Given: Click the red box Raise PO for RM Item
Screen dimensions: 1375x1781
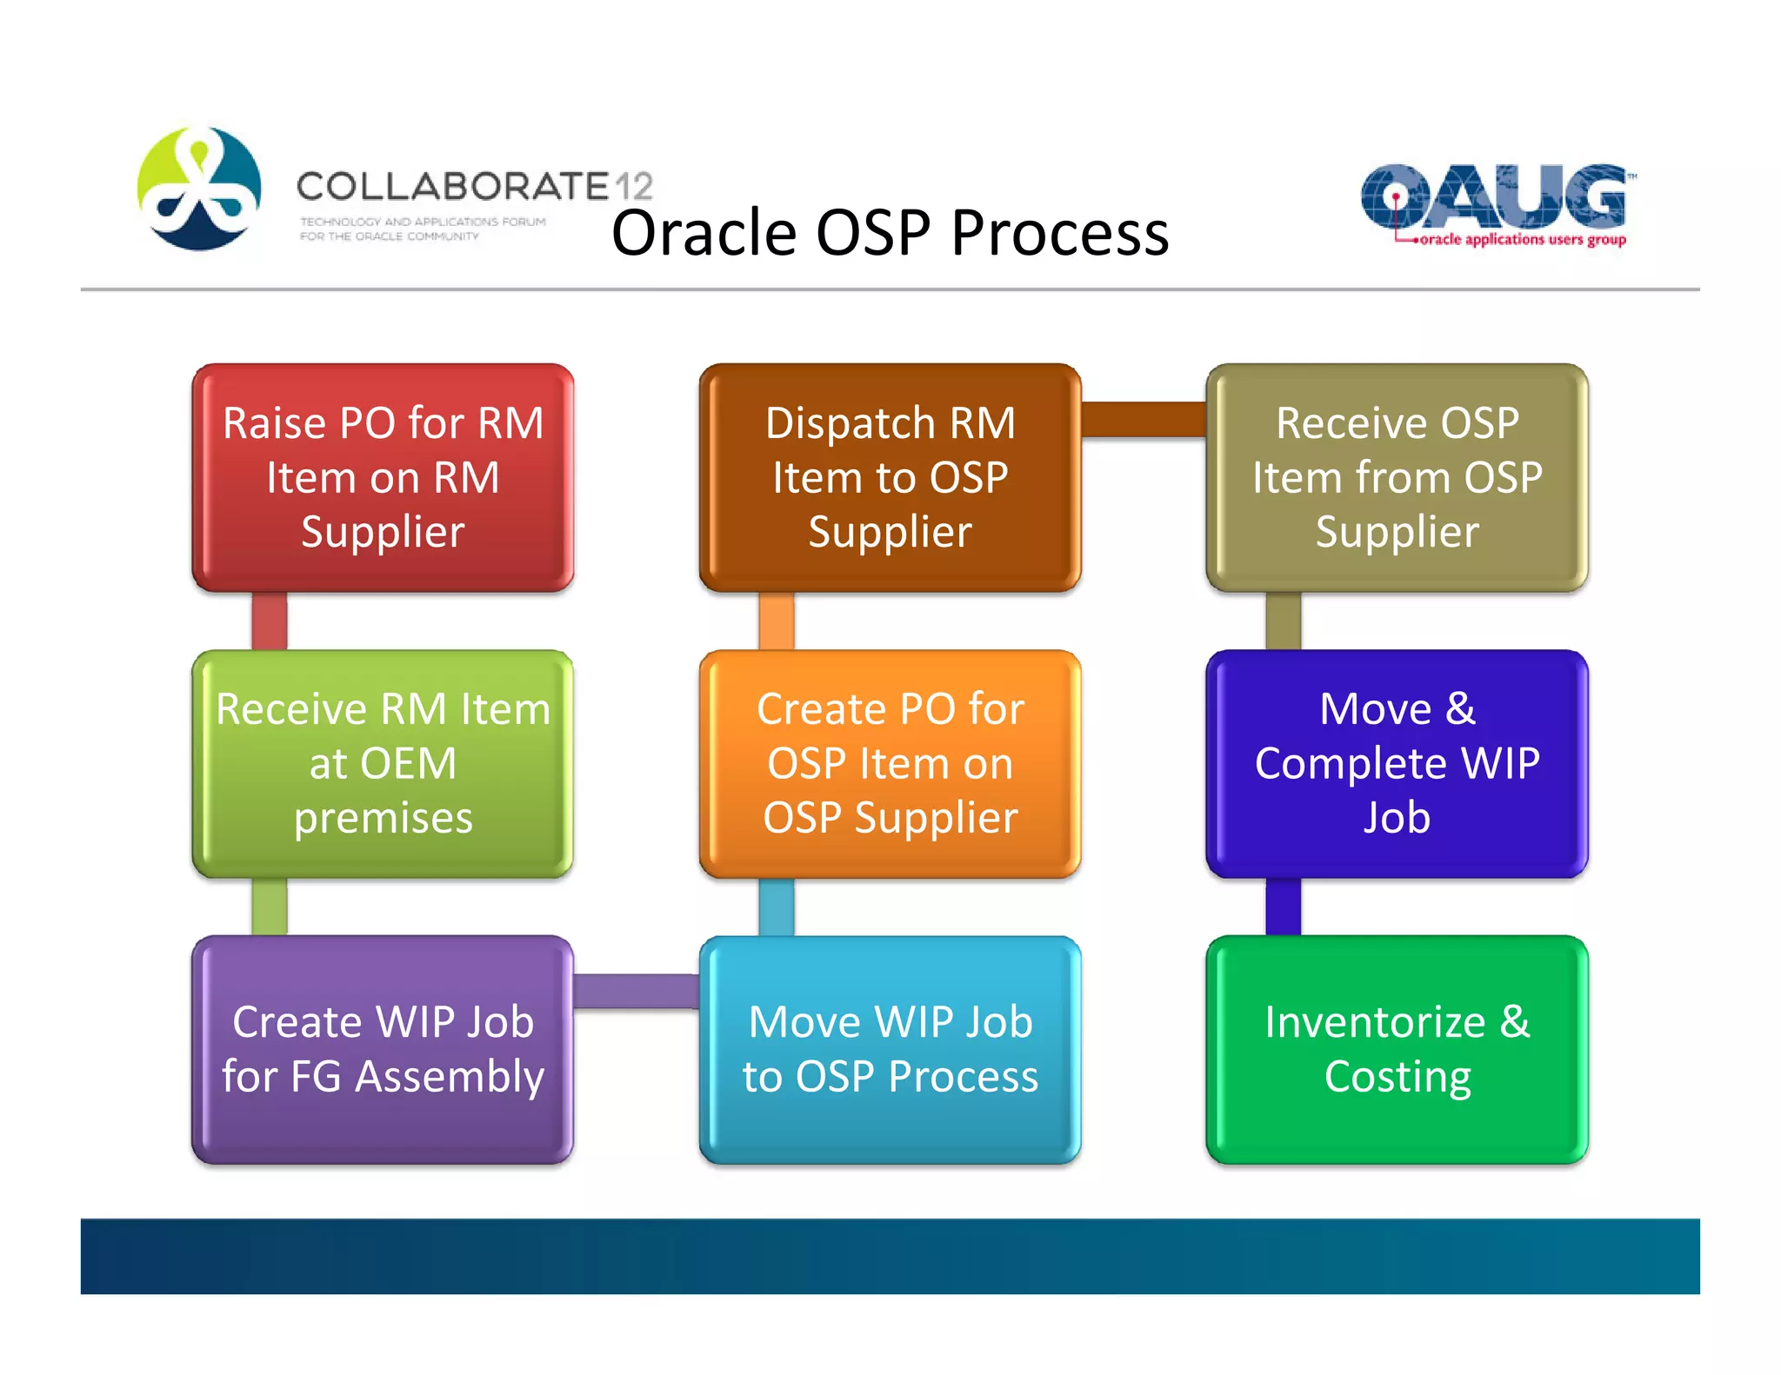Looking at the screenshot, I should pyautogui.click(x=383, y=477).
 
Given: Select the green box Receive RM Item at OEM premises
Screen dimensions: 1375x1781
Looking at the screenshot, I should pyautogui.click(x=383, y=763).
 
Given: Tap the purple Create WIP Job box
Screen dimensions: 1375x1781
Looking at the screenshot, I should pyautogui.click(x=383, y=1049).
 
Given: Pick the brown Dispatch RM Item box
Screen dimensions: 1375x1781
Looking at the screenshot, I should pyautogui.click(x=890, y=477).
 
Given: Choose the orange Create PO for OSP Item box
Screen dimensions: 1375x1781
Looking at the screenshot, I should pyautogui.click(x=890, y=763).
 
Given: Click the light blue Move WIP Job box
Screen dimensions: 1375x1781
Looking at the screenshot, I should pyautogui.click(x=890, y=1049).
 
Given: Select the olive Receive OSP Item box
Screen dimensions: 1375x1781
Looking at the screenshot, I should pyautogui.click(x=1397, y=477).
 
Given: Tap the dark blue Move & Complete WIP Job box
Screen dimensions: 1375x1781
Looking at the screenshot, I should pyautogui.click(x=1397, y=763).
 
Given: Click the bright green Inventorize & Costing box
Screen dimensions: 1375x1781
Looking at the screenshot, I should pyautogui.click(x=1397, y=1049).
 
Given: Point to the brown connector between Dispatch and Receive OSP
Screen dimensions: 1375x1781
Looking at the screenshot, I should pyautogui.click(x=1144, y=419).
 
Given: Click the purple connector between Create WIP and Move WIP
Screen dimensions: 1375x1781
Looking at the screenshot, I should pyautogui.click(x=637, y=991).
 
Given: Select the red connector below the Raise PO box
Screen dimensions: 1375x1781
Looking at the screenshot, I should pyautogui.click(x=270, y=621).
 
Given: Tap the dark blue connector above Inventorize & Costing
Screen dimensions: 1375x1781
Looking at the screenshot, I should pyautogui.click(x=1283, y=907).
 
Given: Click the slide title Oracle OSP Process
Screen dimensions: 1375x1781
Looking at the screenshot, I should pyautogui.click(x=890, y=233).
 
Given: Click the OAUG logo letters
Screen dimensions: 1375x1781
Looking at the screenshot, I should pyautogui.click(x=1493, y=196).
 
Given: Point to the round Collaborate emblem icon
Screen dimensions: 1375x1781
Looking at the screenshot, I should pyautogui.click(x=199, y=189).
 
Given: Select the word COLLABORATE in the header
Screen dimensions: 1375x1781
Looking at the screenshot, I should pyautogui.click(x=452, y=186).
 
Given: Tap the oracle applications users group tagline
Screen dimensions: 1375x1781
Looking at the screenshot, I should pyautogui.click(x=1522, y=239).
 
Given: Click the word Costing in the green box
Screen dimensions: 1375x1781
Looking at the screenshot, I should pyautogui.click(x=1397, y=1077).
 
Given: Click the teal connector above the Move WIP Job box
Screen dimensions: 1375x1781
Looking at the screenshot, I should pyautogui.click(x=776, y=907).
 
